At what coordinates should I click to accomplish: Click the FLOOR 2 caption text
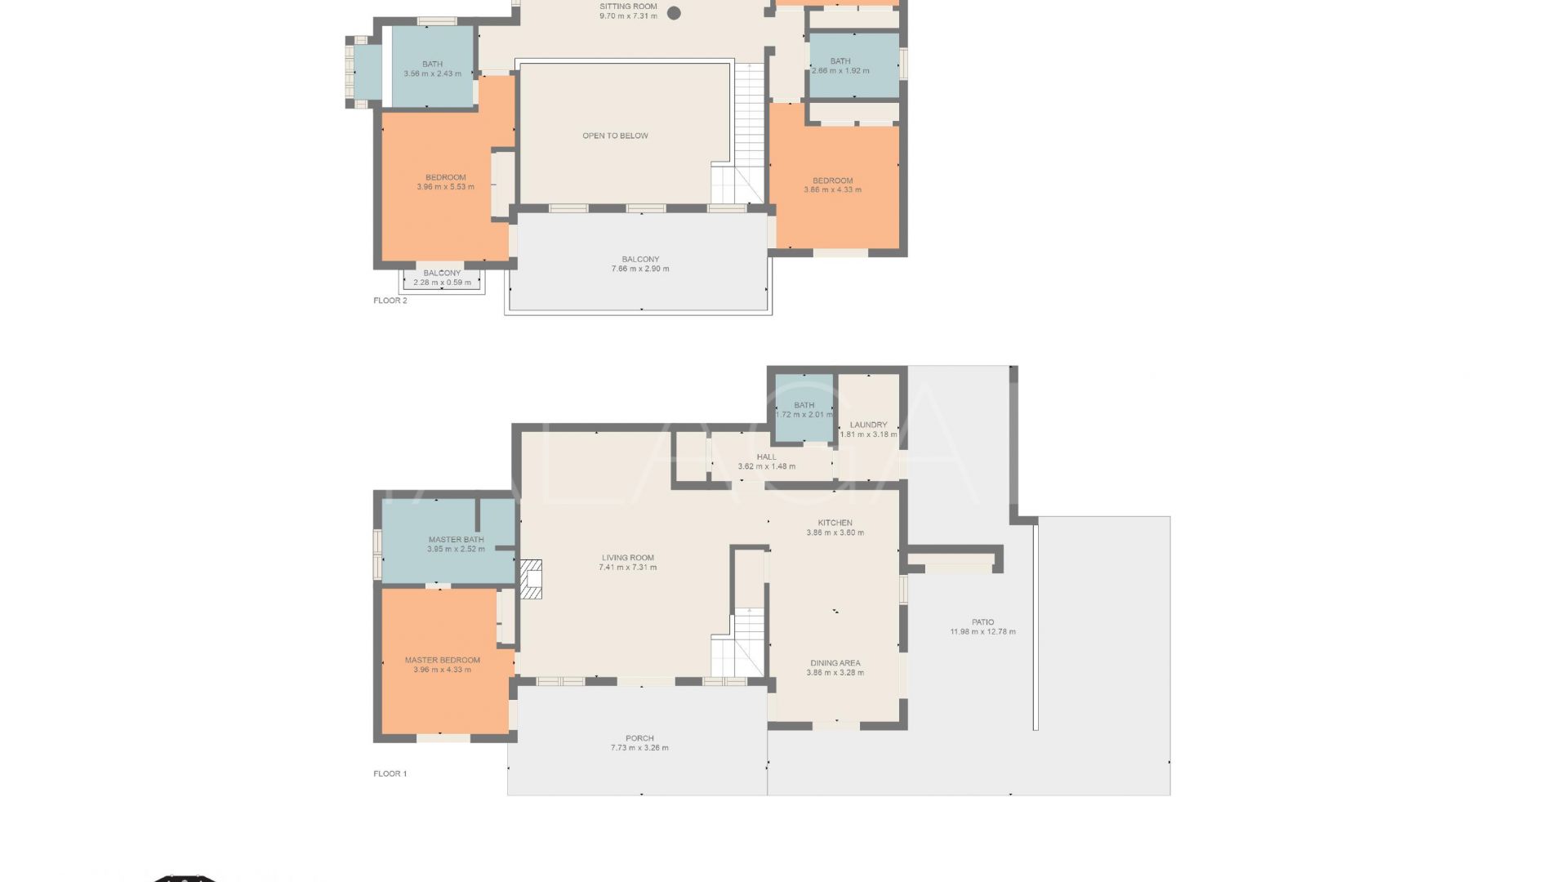[x=390, y=301]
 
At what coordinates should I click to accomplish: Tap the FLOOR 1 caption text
[x=390, y=773]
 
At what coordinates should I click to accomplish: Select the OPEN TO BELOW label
[x=615, y=136]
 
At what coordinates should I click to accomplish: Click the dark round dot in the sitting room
[x=675, y=12]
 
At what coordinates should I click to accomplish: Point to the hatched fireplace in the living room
[x=531, y=579]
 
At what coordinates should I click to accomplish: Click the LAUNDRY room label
[x=868, y=425]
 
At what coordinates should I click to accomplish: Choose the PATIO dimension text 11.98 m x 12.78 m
[x=982, y=632]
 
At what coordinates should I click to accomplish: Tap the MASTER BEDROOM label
[x=442, y=660]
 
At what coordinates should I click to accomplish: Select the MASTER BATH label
[x=456, y=540]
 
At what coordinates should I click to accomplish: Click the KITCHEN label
[x=835, y=523]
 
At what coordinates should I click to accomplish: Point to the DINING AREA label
[x=835, y=663]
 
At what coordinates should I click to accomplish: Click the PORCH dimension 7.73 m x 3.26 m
[x=639, y=748]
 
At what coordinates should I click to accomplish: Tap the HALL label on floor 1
[x=766, y=457]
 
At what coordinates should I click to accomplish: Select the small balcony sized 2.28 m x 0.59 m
[x=442, y=278]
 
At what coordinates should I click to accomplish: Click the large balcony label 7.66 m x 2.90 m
[x=639, y=264]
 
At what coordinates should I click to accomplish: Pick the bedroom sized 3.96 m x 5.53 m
[x=445, y=181]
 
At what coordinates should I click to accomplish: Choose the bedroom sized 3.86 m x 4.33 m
[x=832, y=185]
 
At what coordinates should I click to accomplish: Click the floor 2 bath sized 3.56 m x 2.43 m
[x=432, y=69]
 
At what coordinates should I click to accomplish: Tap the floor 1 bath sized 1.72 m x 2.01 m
[x=804, y=409]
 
